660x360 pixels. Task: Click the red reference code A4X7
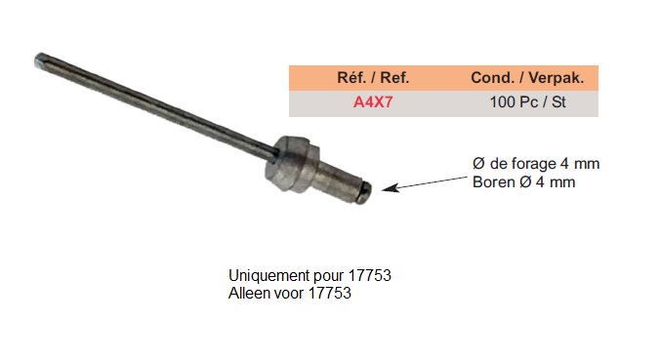[373, 102]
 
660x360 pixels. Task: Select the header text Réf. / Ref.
[373, 78]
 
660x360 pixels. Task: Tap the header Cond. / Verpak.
[527, 78]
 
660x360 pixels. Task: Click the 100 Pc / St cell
[528, 102]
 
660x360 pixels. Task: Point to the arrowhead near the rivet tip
[390, 187]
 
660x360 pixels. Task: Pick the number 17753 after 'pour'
[370, 275]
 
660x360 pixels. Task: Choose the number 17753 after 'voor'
[330, 293]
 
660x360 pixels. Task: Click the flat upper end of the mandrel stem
[40, 60]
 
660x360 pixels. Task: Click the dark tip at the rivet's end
[364, 193]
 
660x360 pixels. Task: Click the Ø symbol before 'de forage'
[479, 163]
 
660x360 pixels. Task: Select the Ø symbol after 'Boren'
[525, 182]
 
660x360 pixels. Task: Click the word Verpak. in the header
[557, 78]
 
